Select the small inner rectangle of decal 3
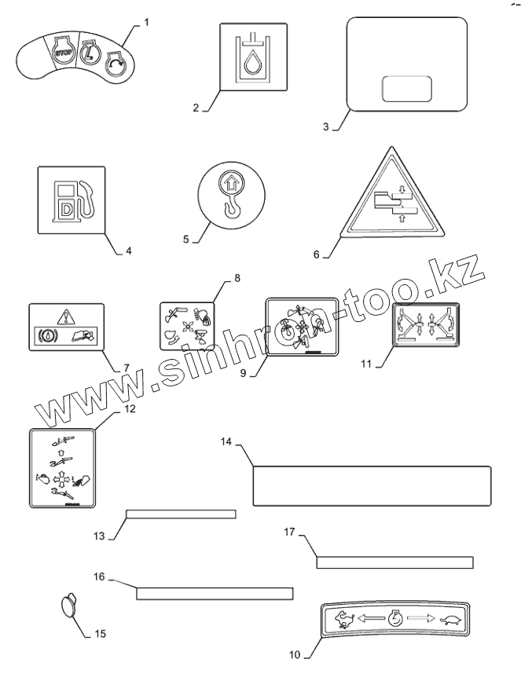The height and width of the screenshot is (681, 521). [x=406, y=89]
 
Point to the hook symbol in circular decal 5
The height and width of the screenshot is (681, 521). [x=231, y=208]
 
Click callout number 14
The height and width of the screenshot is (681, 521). [x=226, y=442]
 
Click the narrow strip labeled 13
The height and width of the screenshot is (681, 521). [x=182, y=514]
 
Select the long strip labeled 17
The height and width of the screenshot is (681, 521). [x=394, y=562]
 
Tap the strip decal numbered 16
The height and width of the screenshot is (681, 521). [x=215, y=592]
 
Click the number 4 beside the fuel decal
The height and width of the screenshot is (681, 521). [x=128, y=251]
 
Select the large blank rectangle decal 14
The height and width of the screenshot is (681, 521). [x=372, y=485]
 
